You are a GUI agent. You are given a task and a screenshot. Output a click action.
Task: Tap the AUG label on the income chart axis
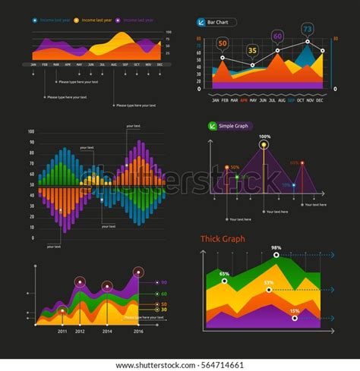point(113,64)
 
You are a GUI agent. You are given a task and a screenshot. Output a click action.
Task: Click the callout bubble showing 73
point(307,30)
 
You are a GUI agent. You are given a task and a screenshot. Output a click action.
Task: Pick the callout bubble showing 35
point(253,51)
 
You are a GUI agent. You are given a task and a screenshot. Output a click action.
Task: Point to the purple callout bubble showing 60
point(277,36)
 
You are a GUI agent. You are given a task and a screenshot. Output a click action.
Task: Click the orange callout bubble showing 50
point(223,43)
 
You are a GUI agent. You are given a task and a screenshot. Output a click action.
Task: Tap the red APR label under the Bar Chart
point(243,99)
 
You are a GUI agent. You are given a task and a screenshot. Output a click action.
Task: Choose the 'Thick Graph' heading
point(223,239)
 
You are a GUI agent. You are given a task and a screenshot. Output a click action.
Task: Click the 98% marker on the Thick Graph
point(276,255)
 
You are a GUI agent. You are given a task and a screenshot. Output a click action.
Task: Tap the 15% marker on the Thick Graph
point(294,317)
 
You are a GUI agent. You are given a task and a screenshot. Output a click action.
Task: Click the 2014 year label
point(107,332)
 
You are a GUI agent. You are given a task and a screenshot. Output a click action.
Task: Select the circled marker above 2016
point(137,272)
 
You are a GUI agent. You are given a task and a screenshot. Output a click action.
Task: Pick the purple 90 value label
point(163,282)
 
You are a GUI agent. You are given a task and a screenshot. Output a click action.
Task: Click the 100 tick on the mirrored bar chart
point(32,132)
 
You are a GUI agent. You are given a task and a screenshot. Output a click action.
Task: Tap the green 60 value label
point(163,294)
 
